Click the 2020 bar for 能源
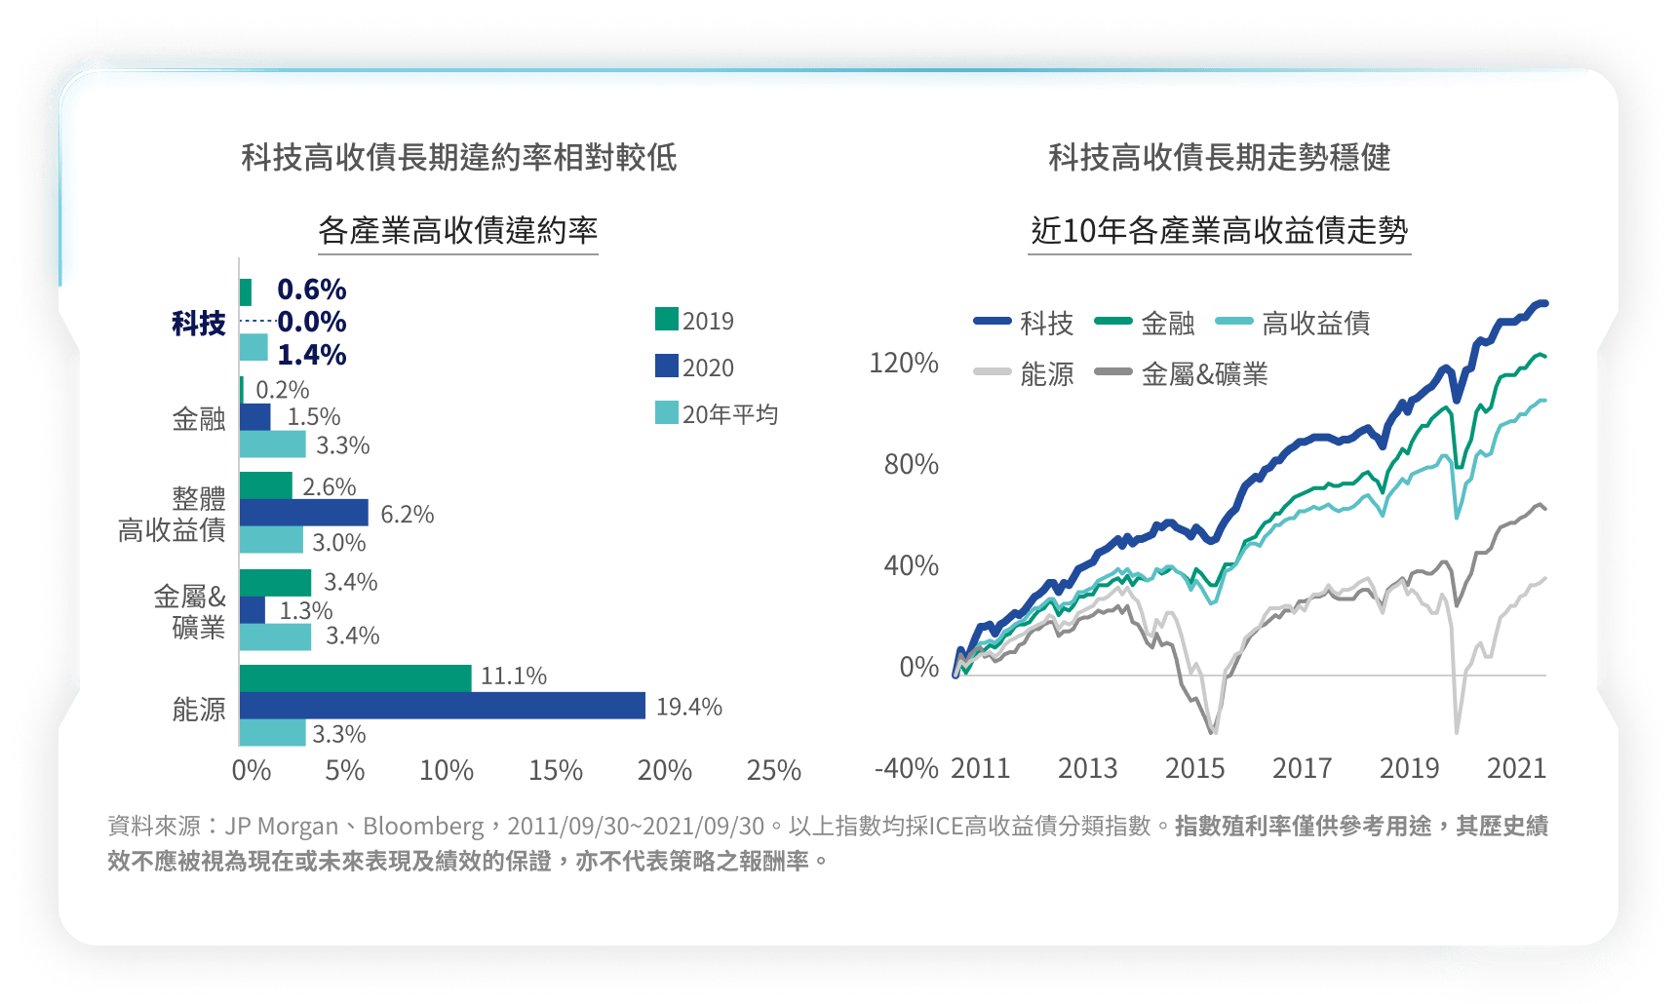tap(443, 706)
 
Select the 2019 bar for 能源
tap(356, 678)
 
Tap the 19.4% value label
tap(689, 707)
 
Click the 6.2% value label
tap(408, 514)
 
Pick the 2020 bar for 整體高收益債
tap(304, 513)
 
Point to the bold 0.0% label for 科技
tap(312, 322)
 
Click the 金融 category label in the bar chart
tap(199, 419)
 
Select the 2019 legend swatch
tap(667, 319)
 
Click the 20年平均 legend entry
tap(718, 414)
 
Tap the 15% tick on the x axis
tap(556, 771)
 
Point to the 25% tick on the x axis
tap(774, 771)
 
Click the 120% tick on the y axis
tap(904, 364)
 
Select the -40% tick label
tap(907, 769)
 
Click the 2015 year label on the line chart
tap(1195, 769)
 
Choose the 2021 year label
tap(1517, 769)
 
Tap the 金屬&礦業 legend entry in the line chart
tap(1182, 373)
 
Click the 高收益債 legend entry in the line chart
tap(1293, 323)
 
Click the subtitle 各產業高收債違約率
tap(458, 230)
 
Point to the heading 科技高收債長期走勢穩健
tap(1220, 157)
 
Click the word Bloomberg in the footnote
tap(423, 827)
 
